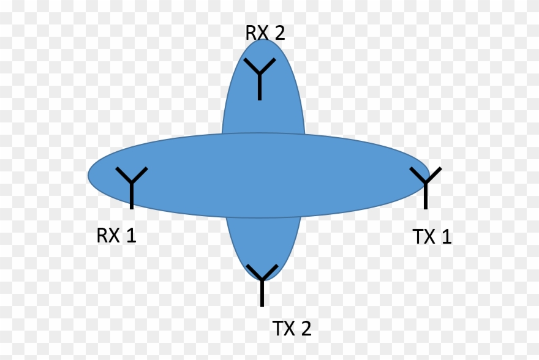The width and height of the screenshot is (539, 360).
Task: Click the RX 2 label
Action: coord(265,33)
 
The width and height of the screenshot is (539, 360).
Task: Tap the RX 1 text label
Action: coord(116,235)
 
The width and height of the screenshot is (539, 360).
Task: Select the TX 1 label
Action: coord(432,236)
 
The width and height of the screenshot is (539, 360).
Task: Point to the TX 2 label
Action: coord(292,328)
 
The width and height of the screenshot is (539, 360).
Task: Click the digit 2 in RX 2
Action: coord(280,33)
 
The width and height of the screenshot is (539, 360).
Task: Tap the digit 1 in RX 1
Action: coord(131,235)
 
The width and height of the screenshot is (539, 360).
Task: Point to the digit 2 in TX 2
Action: coord(306,328)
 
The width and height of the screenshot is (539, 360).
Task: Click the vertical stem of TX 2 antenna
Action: coord(262,292)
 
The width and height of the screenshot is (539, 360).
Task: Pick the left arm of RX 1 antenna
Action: coord(124,175)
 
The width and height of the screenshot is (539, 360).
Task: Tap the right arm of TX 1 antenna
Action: coord(434,174)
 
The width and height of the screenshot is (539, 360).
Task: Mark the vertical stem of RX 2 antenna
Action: coord(260,86)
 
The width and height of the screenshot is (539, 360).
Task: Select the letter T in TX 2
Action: coord(277,328)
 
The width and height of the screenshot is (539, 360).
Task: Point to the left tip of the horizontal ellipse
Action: coord(88,175)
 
